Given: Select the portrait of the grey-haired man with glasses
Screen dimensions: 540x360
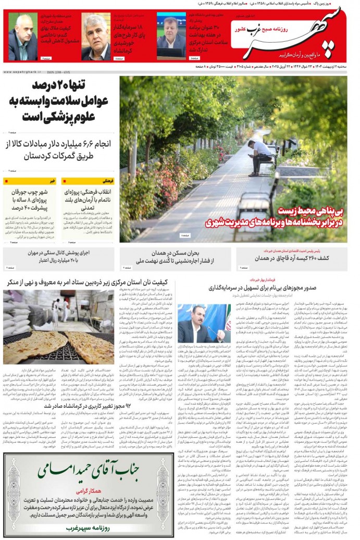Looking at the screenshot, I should [x=95, y=37].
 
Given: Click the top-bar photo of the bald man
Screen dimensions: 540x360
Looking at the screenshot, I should [x=22, y=37].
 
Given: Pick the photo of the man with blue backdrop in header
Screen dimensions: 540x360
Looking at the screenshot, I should [x=171, y=37].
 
